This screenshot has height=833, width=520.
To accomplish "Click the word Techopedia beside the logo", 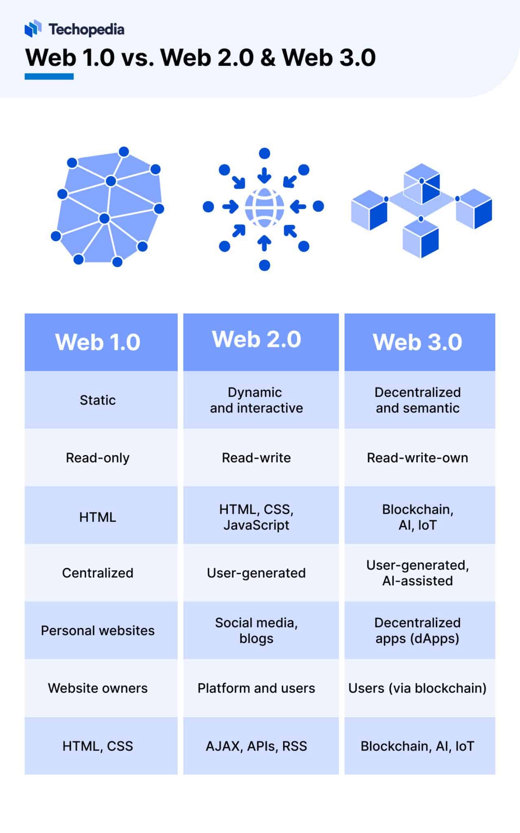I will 86,29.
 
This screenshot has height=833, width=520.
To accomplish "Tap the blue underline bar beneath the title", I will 49,76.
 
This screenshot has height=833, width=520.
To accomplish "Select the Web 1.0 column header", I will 98,342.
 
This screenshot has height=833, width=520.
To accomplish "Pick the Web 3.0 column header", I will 417,342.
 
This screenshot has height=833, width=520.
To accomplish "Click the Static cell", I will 98,400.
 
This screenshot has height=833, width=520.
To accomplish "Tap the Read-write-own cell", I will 417,458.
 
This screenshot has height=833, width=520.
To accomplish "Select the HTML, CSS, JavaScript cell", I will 256,517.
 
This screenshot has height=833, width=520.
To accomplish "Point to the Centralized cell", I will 98,573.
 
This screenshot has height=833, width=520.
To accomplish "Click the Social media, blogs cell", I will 256,630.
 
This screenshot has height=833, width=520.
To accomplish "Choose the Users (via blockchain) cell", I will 417,688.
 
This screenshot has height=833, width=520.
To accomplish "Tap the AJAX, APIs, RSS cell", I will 256,746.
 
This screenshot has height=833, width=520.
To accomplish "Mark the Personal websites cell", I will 98,630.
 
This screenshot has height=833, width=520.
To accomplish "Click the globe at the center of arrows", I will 264,207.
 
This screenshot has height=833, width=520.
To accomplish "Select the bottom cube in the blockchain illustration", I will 421,239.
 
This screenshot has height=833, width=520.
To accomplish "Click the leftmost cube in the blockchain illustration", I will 369,210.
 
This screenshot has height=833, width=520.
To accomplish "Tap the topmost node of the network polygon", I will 124,152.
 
